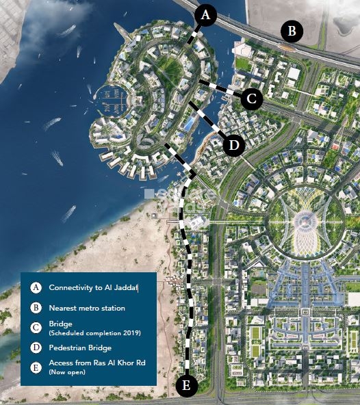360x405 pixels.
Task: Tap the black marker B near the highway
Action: [x=292, y=30]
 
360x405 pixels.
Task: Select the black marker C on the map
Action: [x=252, y=99]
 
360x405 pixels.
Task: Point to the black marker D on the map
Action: [x=234, y=145]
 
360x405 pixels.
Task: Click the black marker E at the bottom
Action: [x=186, y=386]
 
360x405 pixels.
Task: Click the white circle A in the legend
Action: [x=36, y=288]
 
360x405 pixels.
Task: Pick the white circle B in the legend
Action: [x=36, y=308]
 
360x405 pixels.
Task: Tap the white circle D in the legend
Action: [x=36, y=348]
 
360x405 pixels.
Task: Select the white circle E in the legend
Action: [x=36, y=367]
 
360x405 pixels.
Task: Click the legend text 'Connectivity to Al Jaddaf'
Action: [x=94, y=288]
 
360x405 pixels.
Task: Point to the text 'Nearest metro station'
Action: [x=87, y=308]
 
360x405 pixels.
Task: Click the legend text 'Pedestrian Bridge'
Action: [x=80, y=348]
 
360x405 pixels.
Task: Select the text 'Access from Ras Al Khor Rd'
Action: [x=97, y=363]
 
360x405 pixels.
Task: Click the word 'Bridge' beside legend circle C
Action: [x=60, y=324]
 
